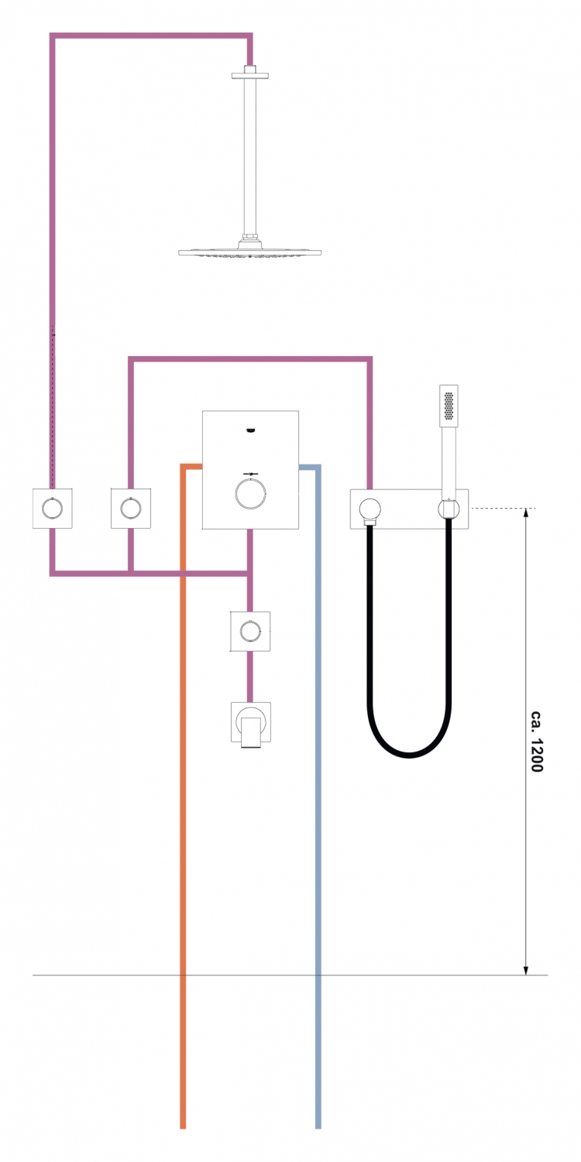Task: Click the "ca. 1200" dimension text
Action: point(537,741)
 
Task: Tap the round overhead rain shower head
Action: point(249,252)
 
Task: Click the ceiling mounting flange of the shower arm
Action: point(249,76)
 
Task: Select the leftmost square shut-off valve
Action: point(53,509)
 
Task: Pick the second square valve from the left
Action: point(131,509)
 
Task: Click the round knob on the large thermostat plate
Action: point(251,493)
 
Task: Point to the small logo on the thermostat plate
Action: point(251,430)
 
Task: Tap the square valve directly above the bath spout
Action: point(250,631)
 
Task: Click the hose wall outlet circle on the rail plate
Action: point(370,509)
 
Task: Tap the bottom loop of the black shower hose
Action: point(408,754)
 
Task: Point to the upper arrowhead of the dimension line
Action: point(526,513)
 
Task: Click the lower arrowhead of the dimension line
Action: point(526,969)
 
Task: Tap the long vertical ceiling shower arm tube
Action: point(249,156)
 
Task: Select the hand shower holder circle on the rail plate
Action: point(449,509)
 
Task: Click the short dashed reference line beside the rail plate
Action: point(502,509)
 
